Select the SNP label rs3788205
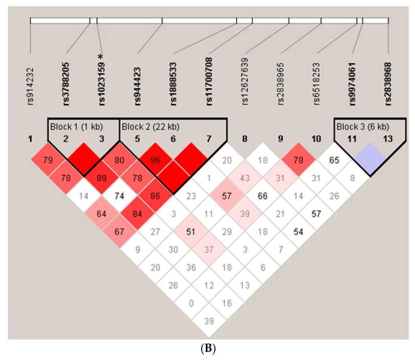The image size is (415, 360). pos(66,84)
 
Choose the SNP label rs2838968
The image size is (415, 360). pos(388,84)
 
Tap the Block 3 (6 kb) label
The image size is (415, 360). pos(363,127)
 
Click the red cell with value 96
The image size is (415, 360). pos(155,160)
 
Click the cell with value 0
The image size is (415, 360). pos(191,303)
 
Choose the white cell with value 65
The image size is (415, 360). pos(334,160)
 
